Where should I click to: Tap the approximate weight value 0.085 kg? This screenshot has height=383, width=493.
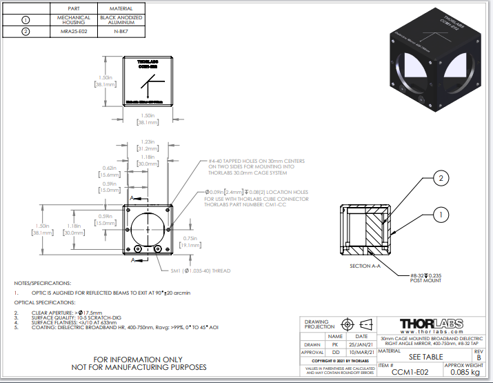(464, 373)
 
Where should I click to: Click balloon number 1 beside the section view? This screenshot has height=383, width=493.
(439, 215)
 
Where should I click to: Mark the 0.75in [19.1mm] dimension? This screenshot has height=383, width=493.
(190, 240)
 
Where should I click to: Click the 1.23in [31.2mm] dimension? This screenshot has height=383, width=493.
(145, 144)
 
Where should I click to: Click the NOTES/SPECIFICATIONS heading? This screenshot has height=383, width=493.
(43, 283)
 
